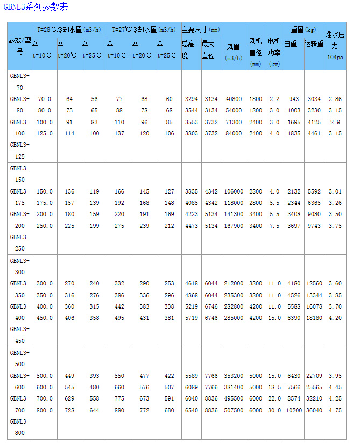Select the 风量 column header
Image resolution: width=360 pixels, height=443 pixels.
233,51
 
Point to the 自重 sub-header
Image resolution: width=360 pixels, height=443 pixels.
291,44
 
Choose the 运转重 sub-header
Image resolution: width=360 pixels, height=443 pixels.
314,44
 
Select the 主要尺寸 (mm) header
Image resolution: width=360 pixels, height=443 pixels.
201,30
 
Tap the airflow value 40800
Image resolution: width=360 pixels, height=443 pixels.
234,99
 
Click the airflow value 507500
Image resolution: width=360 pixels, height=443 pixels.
234,410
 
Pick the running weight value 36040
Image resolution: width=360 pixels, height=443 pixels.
314,410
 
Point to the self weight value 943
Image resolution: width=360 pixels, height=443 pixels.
294,99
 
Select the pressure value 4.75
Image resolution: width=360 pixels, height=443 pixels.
335,410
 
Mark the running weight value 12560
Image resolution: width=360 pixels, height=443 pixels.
314,283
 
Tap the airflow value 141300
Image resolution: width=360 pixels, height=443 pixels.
234,214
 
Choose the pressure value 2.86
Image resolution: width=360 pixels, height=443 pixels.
335,99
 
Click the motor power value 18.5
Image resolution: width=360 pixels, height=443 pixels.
274,387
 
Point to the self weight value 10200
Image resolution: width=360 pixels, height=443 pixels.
294,410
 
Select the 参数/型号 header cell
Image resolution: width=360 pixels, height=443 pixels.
19,46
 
